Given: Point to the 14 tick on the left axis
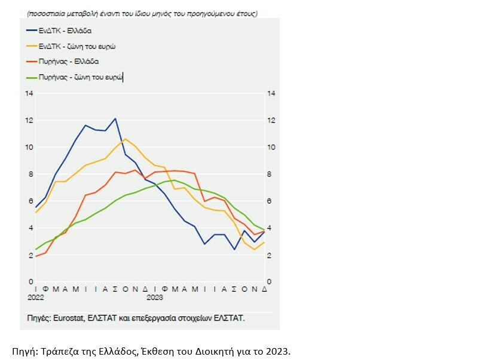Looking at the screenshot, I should (x=29, y=93).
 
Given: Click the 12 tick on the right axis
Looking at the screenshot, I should (x=271, y=120).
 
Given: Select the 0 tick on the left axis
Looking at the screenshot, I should (x=30, y=282).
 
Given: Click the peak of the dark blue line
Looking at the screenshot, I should (x=115, y=118).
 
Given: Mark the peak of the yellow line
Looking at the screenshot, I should (x=125, y=139).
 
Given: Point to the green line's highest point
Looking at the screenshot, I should (x=173, y=180).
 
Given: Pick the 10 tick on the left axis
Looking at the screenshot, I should (x=29, y=147).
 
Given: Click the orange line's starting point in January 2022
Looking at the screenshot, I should (x=36, y=256).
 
